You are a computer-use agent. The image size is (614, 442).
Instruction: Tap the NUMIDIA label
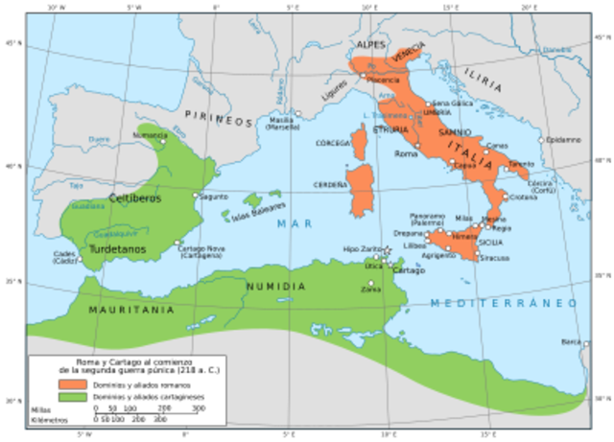tap(275, 287)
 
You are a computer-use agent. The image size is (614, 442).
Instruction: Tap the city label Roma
tap(406, 153)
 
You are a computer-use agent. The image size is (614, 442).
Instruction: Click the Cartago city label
tap(409, 271)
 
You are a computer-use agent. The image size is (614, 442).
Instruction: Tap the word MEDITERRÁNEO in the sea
tap(503, 303)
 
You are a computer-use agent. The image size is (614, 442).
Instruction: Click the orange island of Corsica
tap(361, 144)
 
